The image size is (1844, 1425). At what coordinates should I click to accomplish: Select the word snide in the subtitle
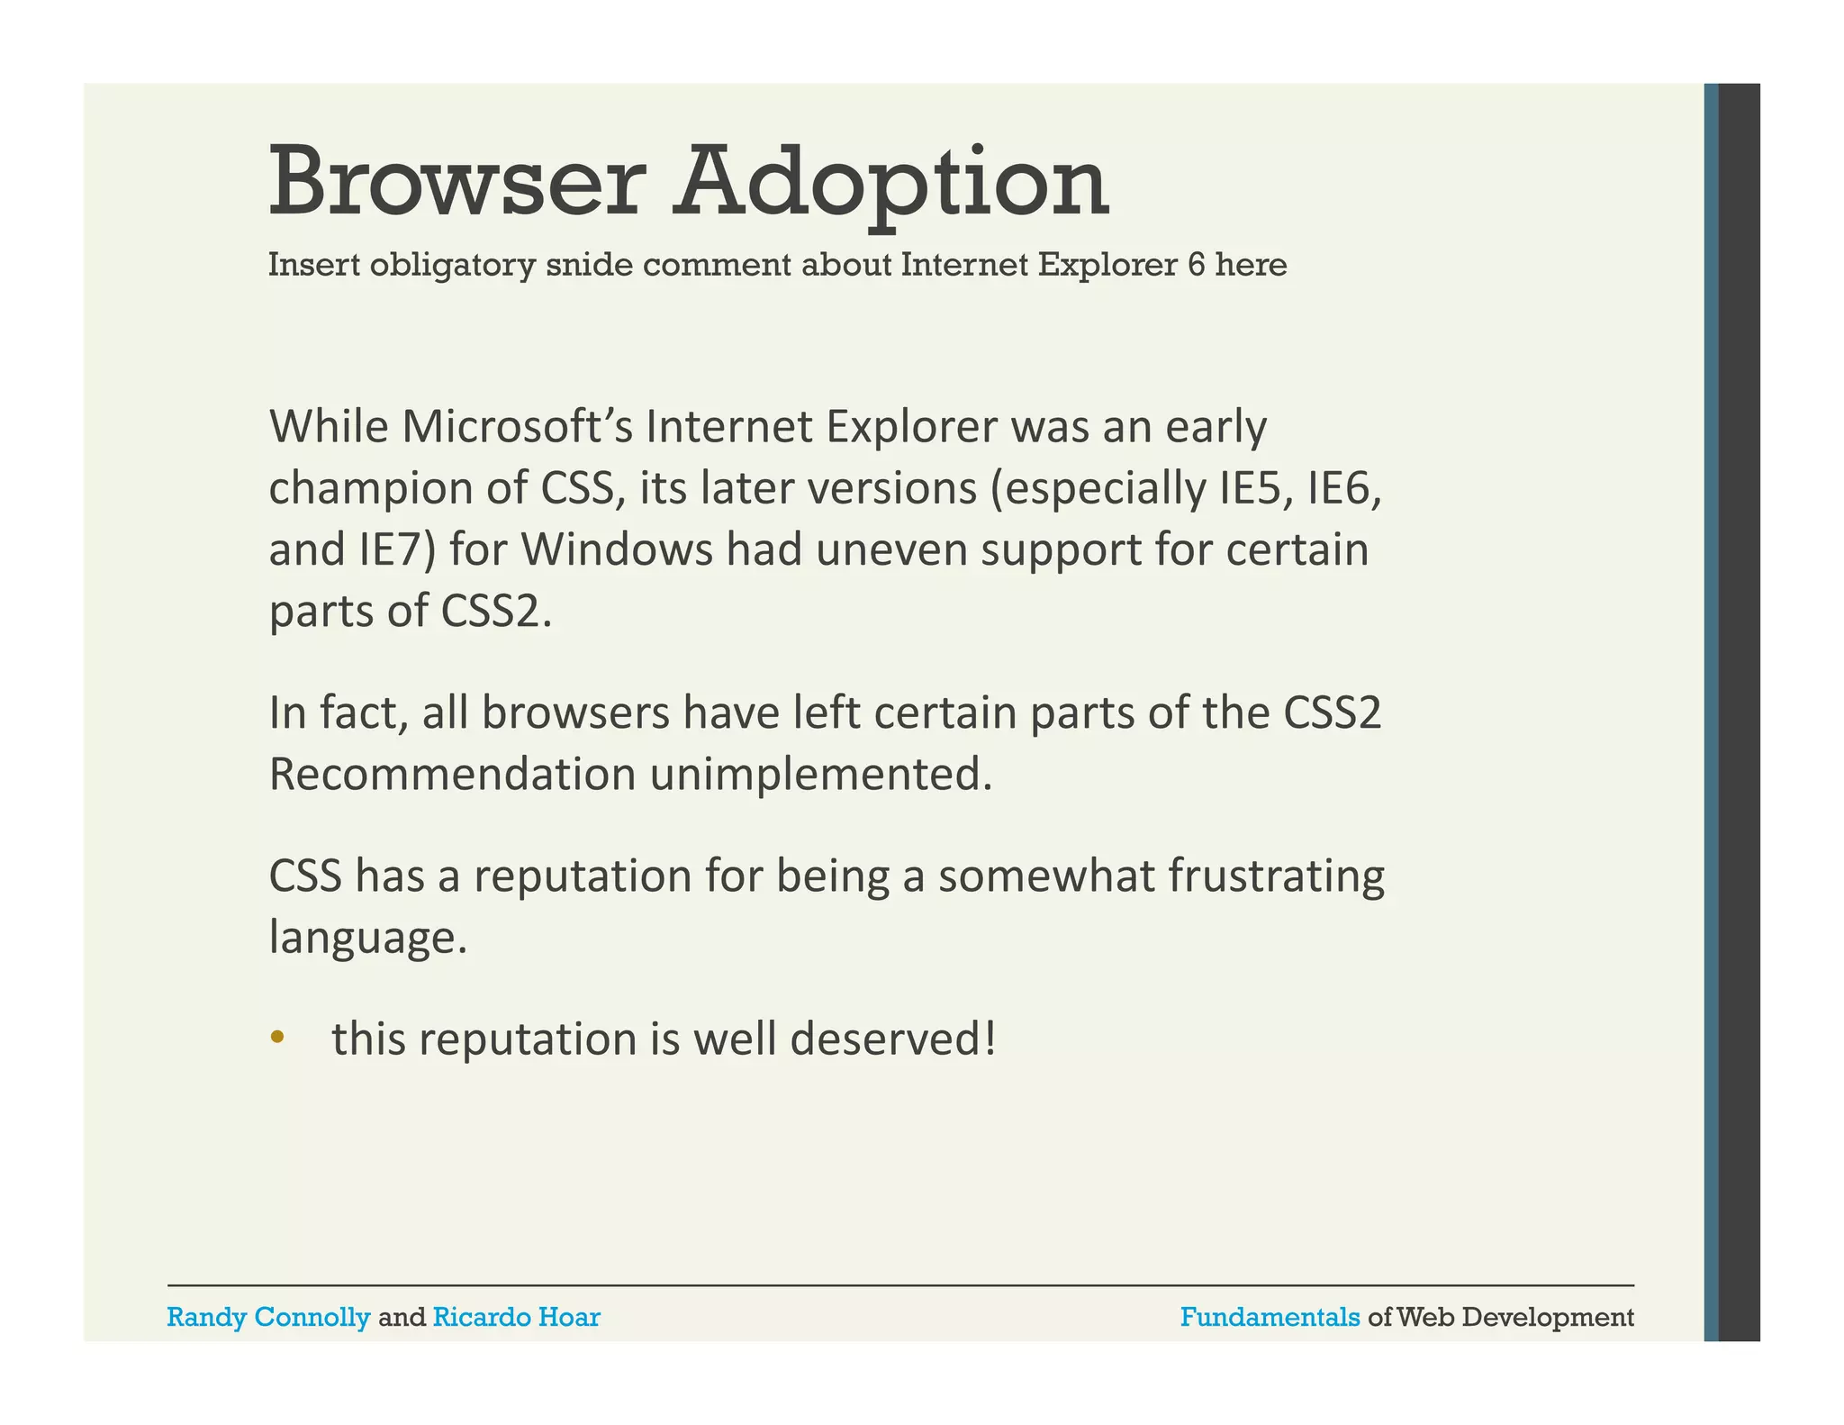589,265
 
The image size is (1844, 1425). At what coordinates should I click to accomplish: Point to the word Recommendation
452,775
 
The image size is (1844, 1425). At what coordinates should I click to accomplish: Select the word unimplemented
820,775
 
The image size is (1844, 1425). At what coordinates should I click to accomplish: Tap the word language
368,939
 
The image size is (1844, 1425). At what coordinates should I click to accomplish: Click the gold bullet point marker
277,1038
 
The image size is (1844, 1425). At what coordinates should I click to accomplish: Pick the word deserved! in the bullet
893,1039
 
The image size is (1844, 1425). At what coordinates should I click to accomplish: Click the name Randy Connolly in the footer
268,1318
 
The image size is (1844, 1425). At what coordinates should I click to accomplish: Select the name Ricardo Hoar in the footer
516,1318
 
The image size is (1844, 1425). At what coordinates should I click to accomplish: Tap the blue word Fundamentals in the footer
1270,1318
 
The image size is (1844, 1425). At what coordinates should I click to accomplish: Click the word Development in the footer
1548,1318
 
